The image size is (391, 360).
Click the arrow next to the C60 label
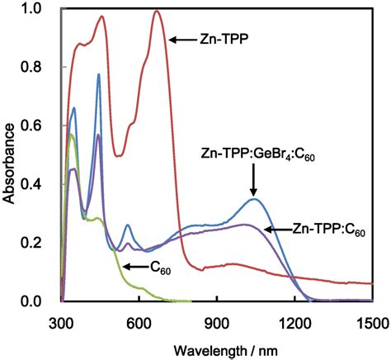click(x=135, y=267)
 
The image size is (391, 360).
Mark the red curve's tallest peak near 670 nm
click(x=157, y=12)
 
